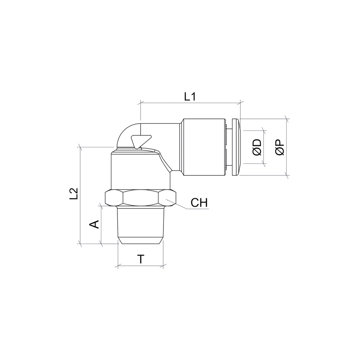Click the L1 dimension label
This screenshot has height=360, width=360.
point(190,97)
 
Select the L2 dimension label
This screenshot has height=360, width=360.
point(74,194)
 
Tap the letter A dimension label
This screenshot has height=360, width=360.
point(94,224)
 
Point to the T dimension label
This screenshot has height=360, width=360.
point(141,259)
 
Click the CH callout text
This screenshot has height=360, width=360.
point(199,203)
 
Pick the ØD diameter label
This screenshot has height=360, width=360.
point(257,147)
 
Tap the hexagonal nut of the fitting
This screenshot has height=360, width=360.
point(140,198)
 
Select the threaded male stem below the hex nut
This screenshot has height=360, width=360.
point(140,225)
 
